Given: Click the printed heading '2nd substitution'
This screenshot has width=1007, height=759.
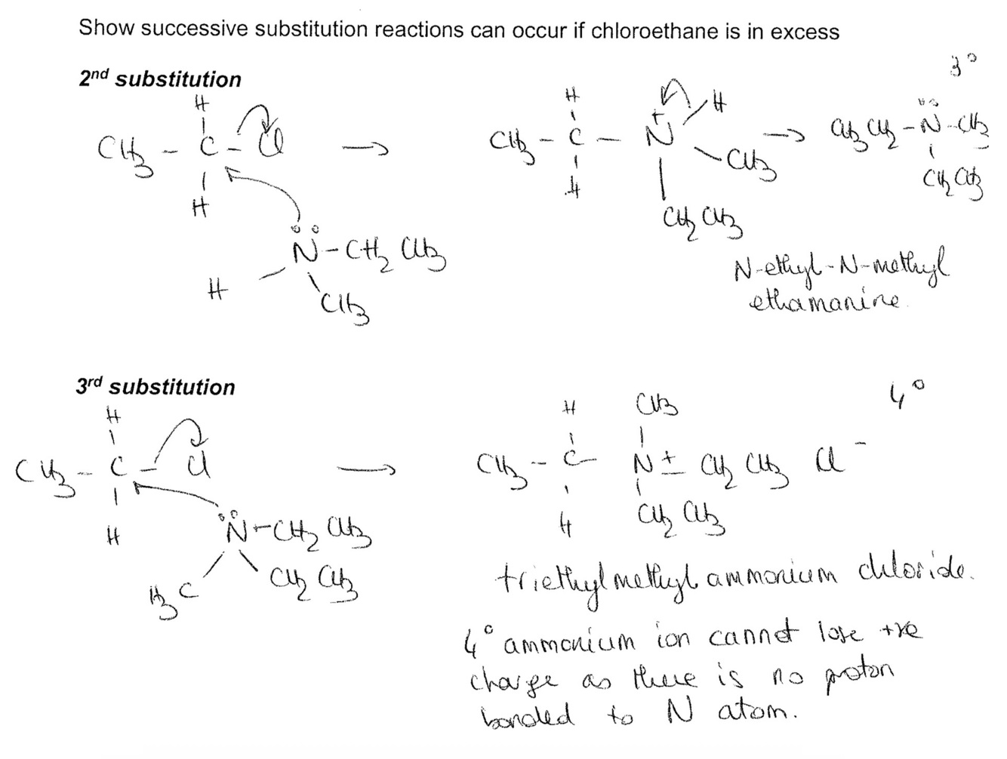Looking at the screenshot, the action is click(160, 79).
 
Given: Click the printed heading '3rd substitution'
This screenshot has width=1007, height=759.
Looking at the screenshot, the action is click(156, 387).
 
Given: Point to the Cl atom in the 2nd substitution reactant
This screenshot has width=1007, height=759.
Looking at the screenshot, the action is click(268, 143).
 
